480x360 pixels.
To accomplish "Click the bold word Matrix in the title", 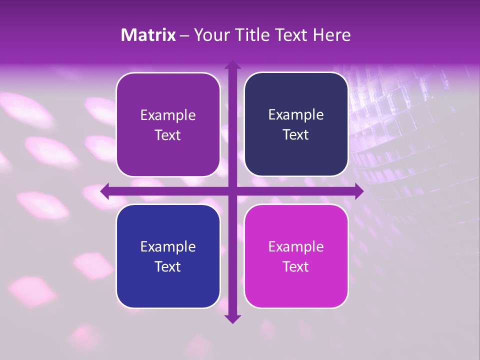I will (x=148, y=35).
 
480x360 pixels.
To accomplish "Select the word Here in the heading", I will (x=332, y=35).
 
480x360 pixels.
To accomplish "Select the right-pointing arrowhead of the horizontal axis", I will (x=359, y=191).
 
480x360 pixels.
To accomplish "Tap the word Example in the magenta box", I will (x=296, y=246).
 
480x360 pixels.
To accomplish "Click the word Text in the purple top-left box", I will (x=168, y=135).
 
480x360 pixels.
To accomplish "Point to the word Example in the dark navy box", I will (x=296, y=114).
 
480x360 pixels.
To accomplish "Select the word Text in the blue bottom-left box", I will (x=168, y=266).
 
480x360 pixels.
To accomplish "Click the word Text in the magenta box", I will (x=296, y=266).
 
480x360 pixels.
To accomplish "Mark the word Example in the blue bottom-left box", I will (x=168, y=246).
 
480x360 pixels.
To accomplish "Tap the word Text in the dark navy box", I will (x=296, y=134).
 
